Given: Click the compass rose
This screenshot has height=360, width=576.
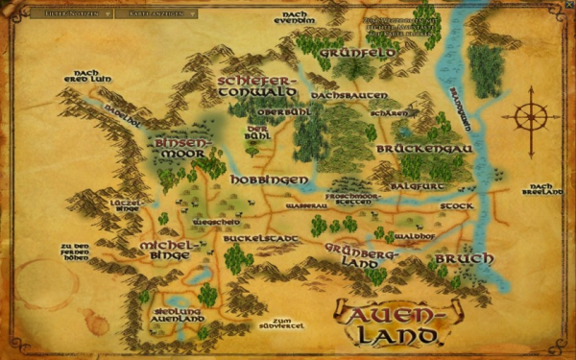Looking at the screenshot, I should (x=529, y=119).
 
